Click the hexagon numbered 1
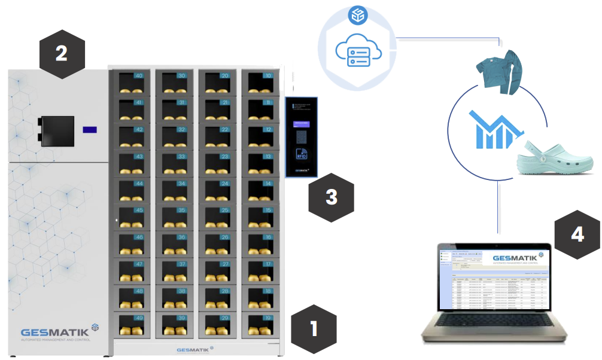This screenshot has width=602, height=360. click(x=314, y=328)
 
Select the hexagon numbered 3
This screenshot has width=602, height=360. click(x=331, y=197)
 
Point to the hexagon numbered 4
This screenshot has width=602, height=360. click(x=577, y=235)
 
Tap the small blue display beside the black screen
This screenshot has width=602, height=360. click(x=90, y=129)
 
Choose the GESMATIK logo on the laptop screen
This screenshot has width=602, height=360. click(x=515, y=260)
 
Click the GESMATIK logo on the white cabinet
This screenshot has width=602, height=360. click(x=55, y=332)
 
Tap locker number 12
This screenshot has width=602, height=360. click(x=260, y=136)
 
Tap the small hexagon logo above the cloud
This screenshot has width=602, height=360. click(x=358, y=16)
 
